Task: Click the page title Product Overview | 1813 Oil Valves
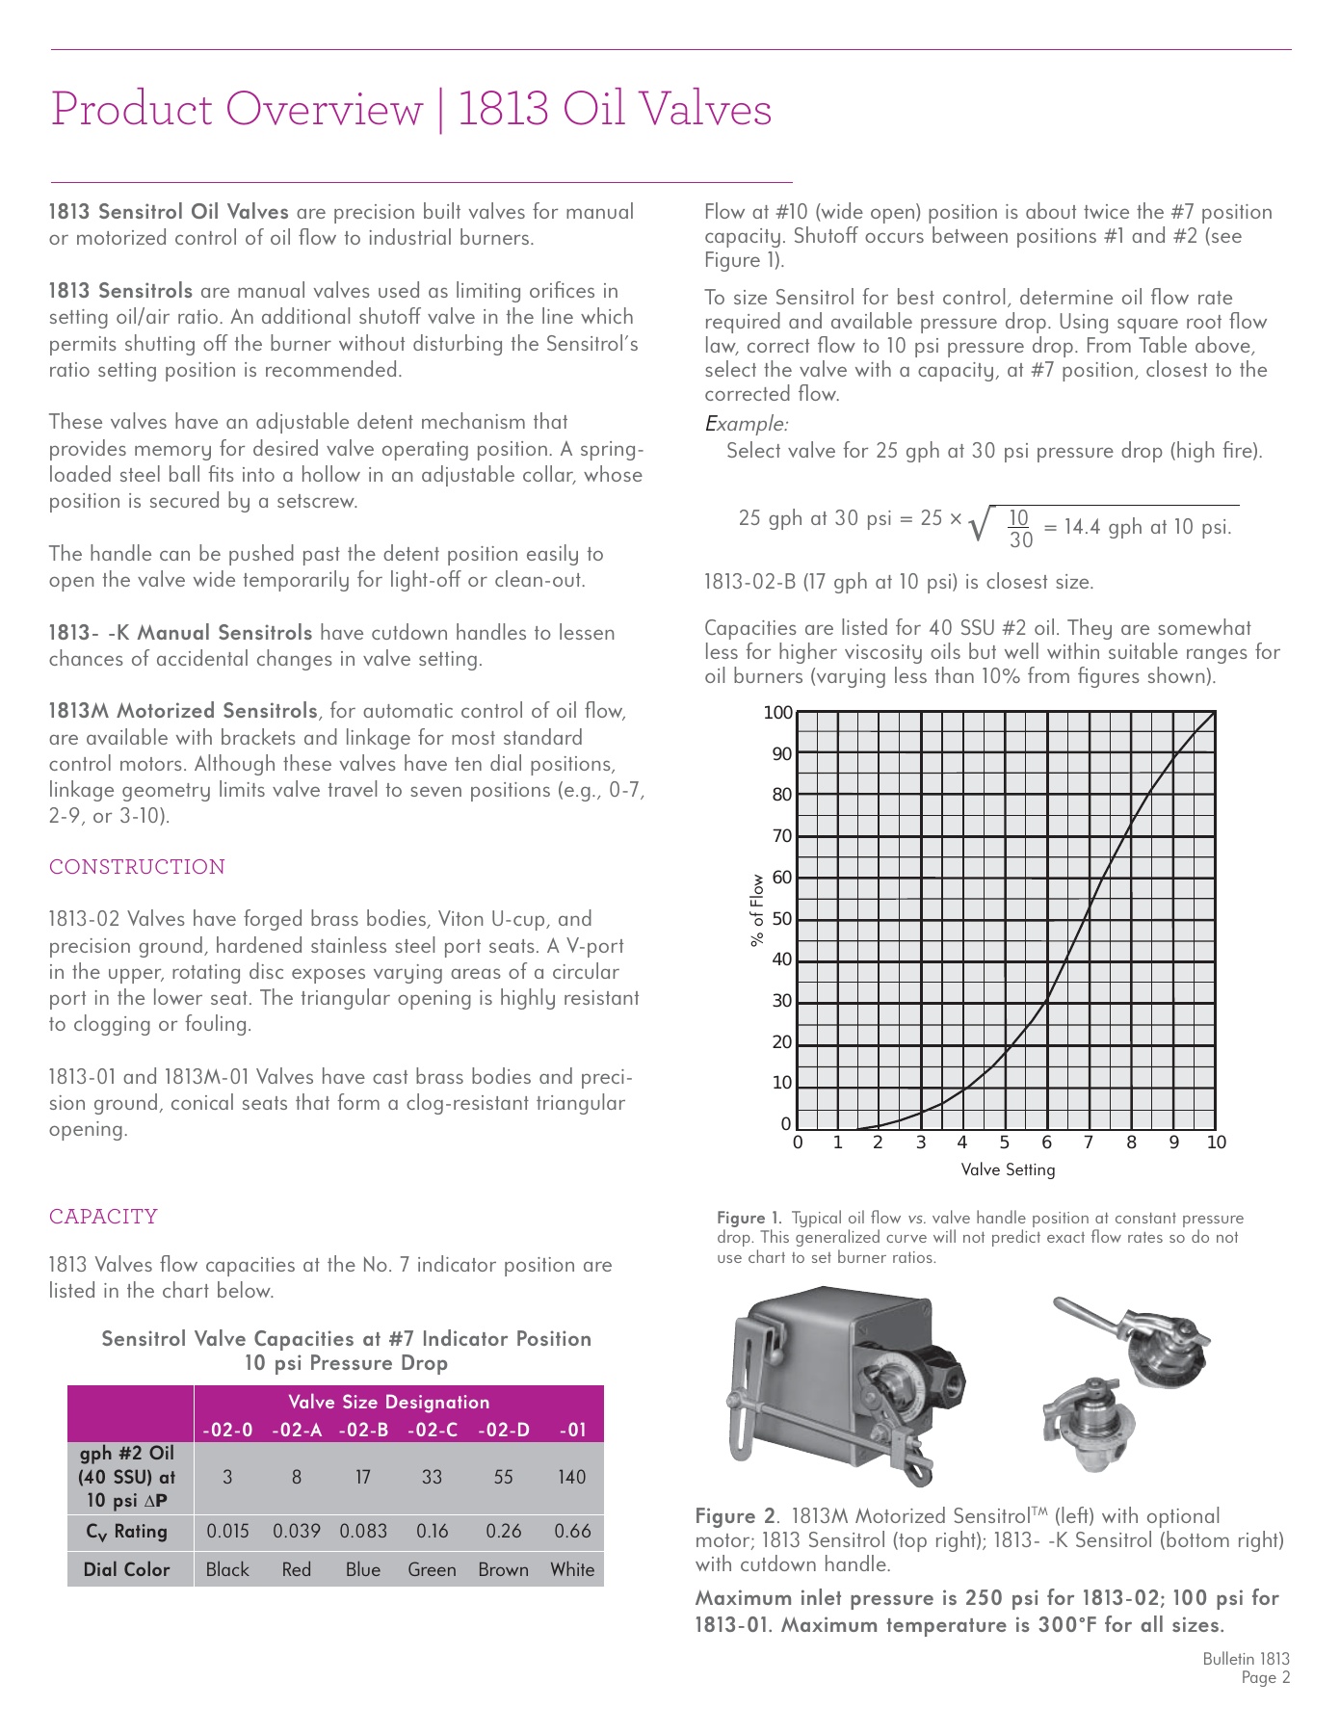(x=411, y=109)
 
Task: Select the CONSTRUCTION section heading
(x=137, y=867)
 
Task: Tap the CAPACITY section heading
(x=103, y=1217)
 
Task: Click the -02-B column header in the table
(x=363, y=1430)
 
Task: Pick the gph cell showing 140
(x=571, y=1477)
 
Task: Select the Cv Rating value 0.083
(x=363, y=1531)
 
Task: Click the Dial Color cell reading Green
(x=432, y=1569)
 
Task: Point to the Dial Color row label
(x=126, y=1569)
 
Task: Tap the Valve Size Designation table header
(x=388, y=1402)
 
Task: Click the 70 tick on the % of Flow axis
(x=781, y=836)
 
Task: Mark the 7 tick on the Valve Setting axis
(x=1089, y=1143)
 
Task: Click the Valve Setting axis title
(x=1008, y=1169)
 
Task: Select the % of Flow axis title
(x=757, y=910)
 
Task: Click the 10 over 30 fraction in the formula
(x=1019, y=528)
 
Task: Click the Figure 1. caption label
(x=749, y=1219)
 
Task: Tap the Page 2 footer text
(x=1265, y=1678)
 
